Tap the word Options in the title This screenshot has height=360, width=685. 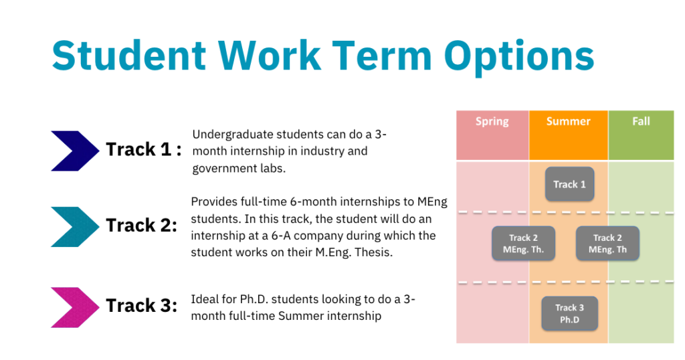tap(519, 58)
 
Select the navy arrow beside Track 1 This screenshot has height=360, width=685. tap(75, 151)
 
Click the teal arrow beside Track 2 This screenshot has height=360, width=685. tap(75, 227)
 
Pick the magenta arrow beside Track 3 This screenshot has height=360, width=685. tap(75, 308)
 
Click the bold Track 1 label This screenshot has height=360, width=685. tap(143, 149)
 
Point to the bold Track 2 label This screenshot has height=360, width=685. tap(142, 226)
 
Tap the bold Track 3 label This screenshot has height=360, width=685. tap(142, 305)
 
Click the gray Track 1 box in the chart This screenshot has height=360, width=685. tap(570, 184)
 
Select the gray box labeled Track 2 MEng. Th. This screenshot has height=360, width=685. tap(523, 244)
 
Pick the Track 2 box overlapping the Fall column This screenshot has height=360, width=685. tap(607, 244)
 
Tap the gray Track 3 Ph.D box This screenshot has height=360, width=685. tap(570, 314)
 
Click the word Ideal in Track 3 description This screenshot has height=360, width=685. tap(203, 299)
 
